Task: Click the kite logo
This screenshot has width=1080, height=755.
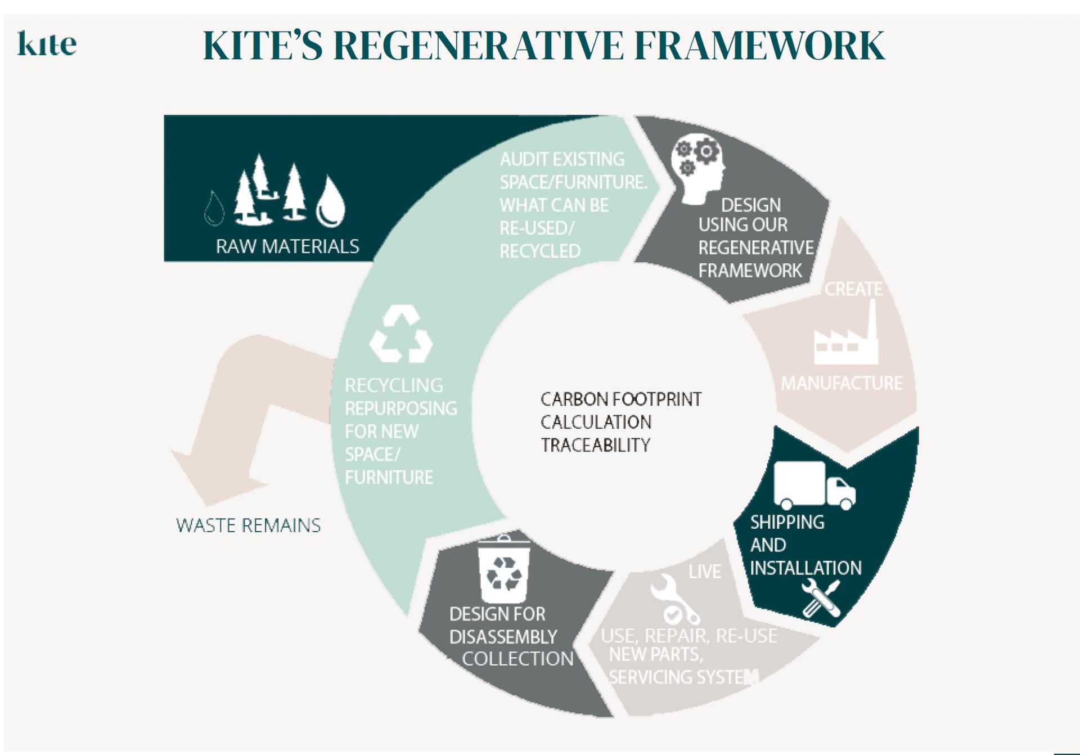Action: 47,44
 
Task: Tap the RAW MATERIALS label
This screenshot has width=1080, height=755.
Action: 287,246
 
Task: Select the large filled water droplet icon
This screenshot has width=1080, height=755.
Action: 330,202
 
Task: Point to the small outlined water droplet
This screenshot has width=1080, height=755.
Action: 214,208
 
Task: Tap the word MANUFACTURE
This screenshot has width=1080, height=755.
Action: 841,384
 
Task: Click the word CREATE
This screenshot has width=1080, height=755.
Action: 853,289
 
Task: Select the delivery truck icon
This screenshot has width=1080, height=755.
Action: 814,485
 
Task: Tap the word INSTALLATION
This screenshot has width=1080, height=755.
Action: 805,568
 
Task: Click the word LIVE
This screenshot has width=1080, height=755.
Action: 704,572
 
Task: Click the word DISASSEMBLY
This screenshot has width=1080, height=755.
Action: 503,637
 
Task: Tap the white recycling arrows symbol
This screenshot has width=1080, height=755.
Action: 401,334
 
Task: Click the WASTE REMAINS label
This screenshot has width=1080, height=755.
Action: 248,525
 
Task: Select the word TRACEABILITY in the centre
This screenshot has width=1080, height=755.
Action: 595,446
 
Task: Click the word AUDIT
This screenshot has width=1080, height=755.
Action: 524,159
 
